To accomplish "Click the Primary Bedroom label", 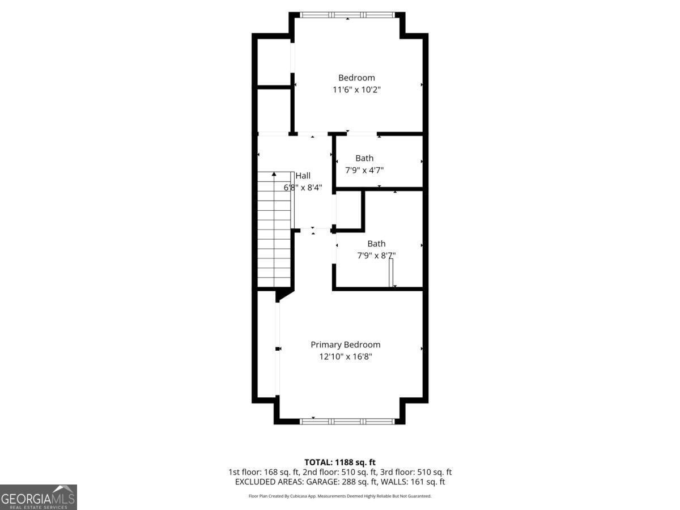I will (345, 345).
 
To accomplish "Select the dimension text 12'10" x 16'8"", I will (345, 356).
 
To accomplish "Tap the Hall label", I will (303, 176).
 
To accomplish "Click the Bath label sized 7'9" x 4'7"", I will (364, 158).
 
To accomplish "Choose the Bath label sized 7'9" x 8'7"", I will (376, 244).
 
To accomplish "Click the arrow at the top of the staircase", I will (274, 174).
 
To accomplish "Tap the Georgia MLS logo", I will (38, 497).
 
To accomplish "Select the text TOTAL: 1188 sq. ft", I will (339, 462).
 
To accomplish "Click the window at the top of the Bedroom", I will (347, 15).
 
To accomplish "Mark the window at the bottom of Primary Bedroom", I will (347, 421).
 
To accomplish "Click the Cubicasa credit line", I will (339, 496).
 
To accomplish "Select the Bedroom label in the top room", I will (356, 78).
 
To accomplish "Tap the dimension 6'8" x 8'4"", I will (303, 187).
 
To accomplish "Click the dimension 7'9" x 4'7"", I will (364, 169).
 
